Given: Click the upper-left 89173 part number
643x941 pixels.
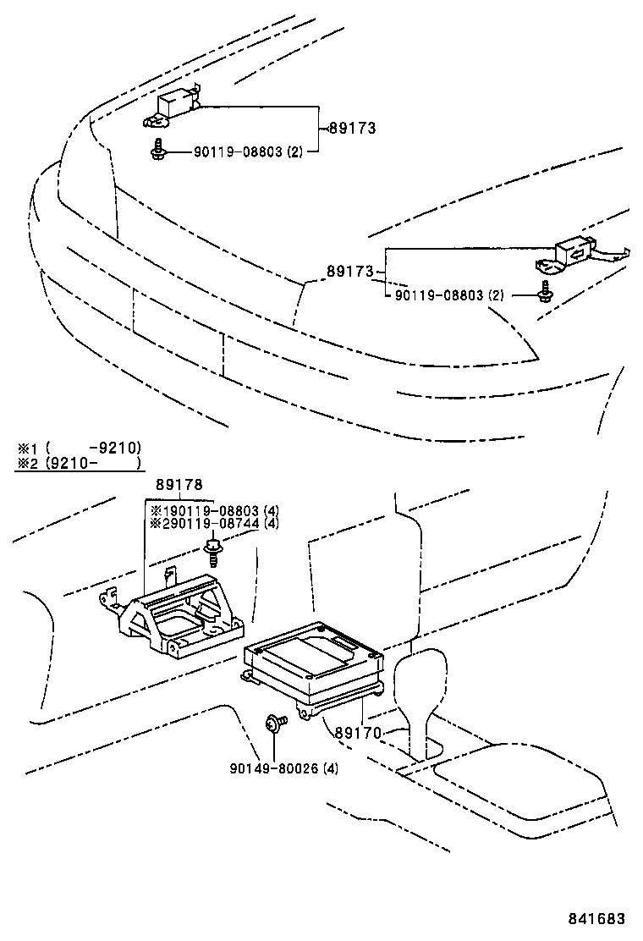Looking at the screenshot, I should (351, 129).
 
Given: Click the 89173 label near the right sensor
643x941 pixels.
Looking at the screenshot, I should (349, 272).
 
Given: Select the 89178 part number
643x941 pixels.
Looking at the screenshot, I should (179, 485).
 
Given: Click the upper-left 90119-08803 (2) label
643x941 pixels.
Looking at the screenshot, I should (247, 152).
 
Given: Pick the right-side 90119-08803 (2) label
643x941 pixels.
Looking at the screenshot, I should (448, 295).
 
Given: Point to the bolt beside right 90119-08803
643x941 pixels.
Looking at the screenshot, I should (544, 292).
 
